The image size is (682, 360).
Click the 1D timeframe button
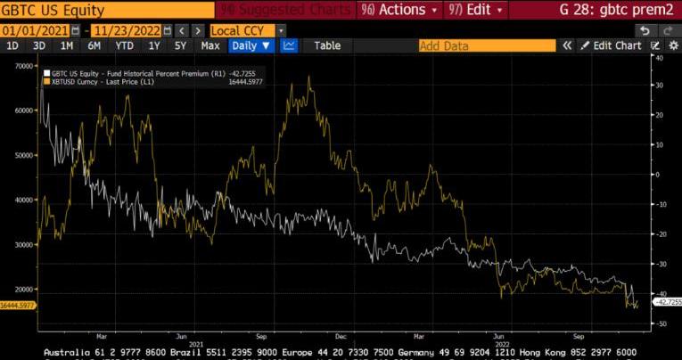pyautogui.click(x=12, y=45)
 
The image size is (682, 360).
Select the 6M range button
pyautogui.click(x=94, y=45)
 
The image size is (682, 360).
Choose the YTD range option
pyautogui.click(x=125, y=45)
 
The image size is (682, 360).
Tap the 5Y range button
pyautogui.click(x=181, y=45)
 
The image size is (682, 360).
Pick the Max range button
pyautogui.click(x=210, y=45)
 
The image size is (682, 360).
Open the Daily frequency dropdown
pyautogui.click(x=251, y=45)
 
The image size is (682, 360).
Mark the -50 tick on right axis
pyautogui.click(x=661, y=323)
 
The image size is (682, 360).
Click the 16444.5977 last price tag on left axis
pyautogui.click(x=18, y=305)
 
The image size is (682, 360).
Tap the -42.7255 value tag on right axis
pyautogui.click(x=667, y=302)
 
